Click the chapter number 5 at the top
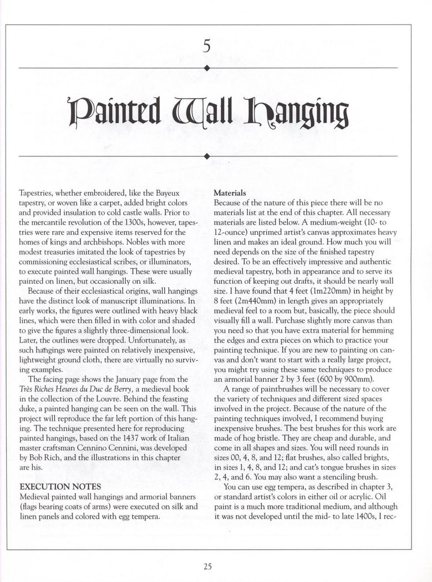coord(207,47)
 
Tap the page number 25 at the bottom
coord(207,566)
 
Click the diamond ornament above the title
coord(207,68)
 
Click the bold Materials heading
coord(230,193)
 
